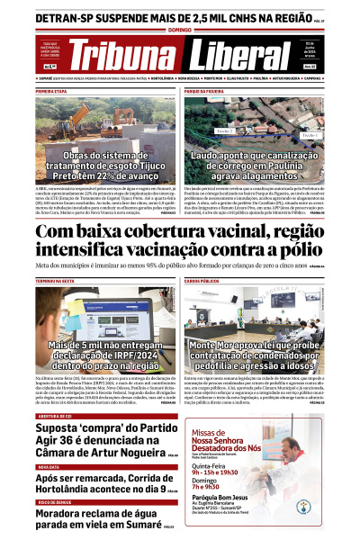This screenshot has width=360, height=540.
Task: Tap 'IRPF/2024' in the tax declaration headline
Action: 110,356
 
